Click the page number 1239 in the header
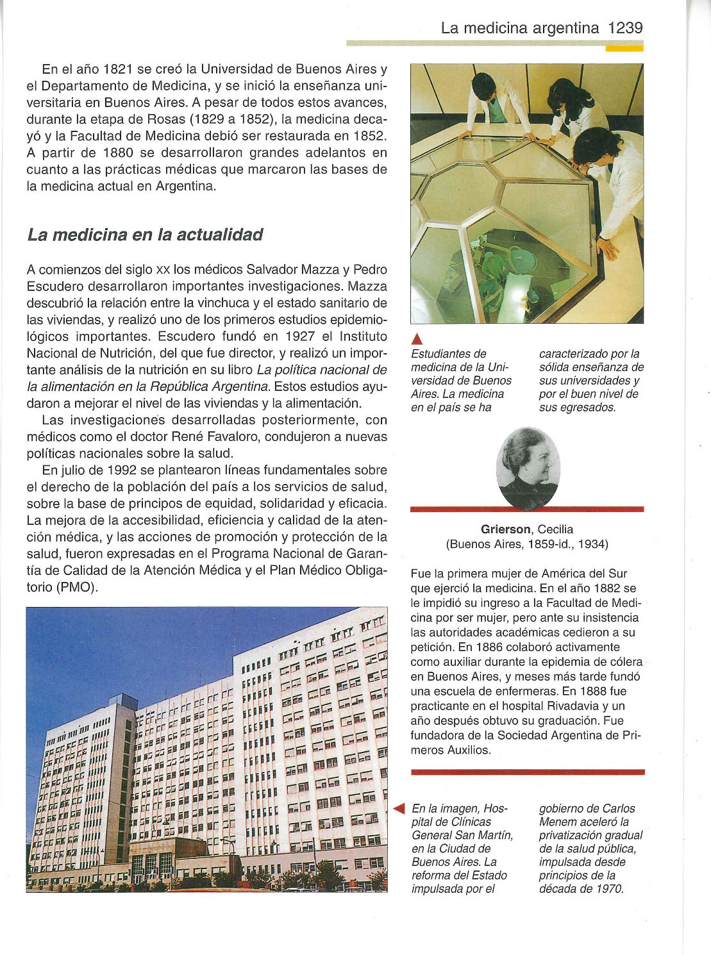tap(624, 28)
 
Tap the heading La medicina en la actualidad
tap(145, 235)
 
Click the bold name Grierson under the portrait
tap(506, 529)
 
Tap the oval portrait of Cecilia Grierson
tap(528, 468)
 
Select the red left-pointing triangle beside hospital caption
tap(399, 809)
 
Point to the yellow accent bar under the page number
tap(624, 48)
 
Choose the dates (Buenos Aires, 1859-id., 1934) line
tap(527, 544)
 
